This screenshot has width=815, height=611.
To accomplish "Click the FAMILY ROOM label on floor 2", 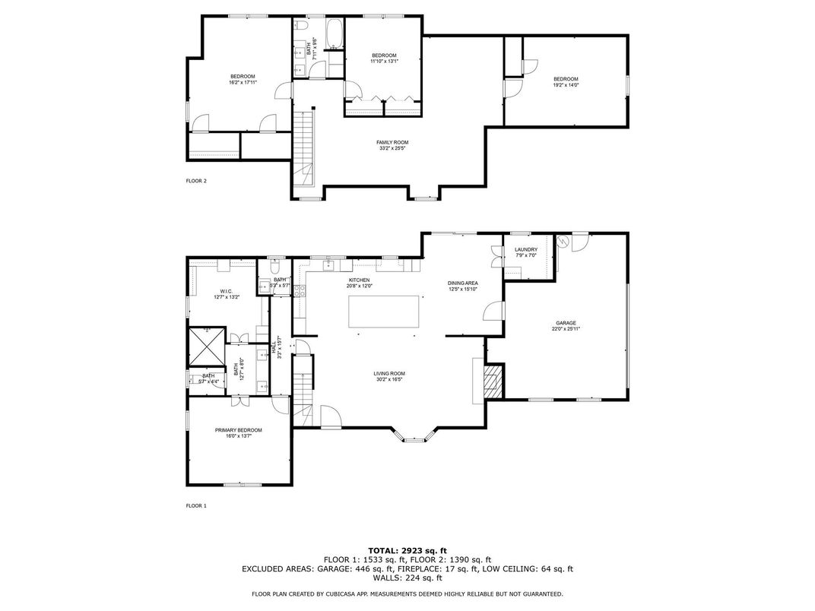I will pos(392,143).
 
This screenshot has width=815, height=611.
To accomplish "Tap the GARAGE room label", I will pos(567,323).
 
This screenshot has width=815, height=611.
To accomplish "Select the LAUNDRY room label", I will pos(525,250).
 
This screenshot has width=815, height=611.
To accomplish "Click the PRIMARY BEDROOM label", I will pos(238,430).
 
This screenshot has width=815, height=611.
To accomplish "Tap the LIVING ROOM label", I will pos(388,373).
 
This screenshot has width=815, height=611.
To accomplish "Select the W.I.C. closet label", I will pos(226,291).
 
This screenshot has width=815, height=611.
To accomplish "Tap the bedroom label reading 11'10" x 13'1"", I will pos(384,61).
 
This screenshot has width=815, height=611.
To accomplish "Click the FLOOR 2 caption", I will pos(196,181).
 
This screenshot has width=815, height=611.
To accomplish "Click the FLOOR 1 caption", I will pos(196,505).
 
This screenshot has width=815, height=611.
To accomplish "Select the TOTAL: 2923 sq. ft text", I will pos(407,549).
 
